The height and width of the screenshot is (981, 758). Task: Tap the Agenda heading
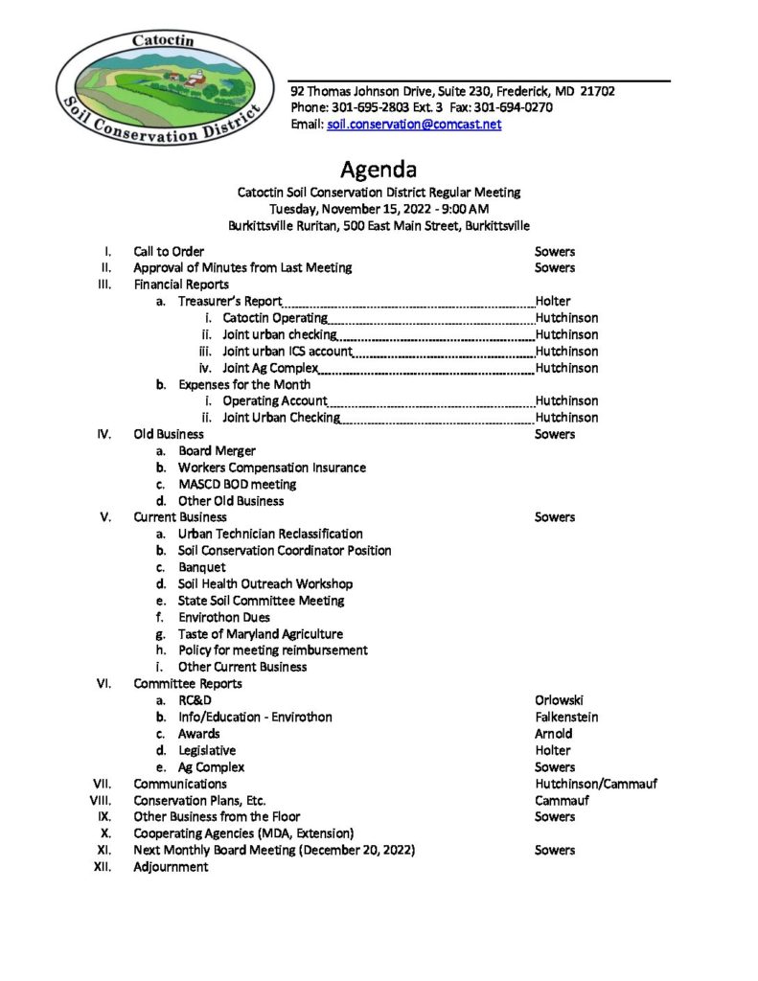pyautogui.click(x=379, y=171)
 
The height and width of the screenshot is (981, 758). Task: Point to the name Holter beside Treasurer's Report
pyautogui.click(x=553, y=301)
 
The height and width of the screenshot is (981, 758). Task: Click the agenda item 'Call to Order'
pyautogui.click(x=169, y=251)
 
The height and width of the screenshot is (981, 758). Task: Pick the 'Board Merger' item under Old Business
pyautogui.click(x=217, y=450)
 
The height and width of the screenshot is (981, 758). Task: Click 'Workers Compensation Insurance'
pyautogui.click(x=271, y=468)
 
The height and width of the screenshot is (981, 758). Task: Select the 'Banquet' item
pyautogui.click(x=201, y=567)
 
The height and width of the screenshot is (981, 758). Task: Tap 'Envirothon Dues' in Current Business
pyautogui.click(x=223, y=617)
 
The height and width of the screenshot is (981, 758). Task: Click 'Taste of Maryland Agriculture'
pyautogui.click(x=260, y=633)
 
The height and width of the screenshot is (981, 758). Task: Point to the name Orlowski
pyautogui.click(x=559, y=700)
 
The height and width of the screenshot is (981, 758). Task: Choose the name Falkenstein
pyautogui.click(x=565, y=717)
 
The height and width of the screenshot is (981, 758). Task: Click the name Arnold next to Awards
pyautogui.click(x=553, y=734)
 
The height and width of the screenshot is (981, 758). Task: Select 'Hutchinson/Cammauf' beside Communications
pyautogui.click(x=596, y=784)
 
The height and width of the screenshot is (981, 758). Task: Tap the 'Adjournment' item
pyautogui.click(x=171, y=866)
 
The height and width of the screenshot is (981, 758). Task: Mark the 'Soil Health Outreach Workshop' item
pyautogui.click(x=264, y=583)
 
